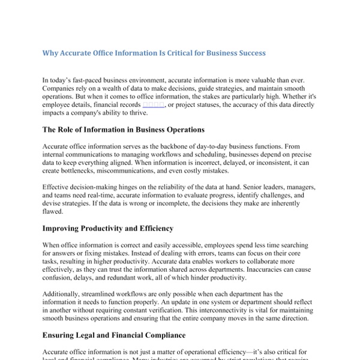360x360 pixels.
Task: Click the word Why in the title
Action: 50,53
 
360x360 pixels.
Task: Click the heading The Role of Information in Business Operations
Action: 124,130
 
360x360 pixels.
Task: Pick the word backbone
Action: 172,146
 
